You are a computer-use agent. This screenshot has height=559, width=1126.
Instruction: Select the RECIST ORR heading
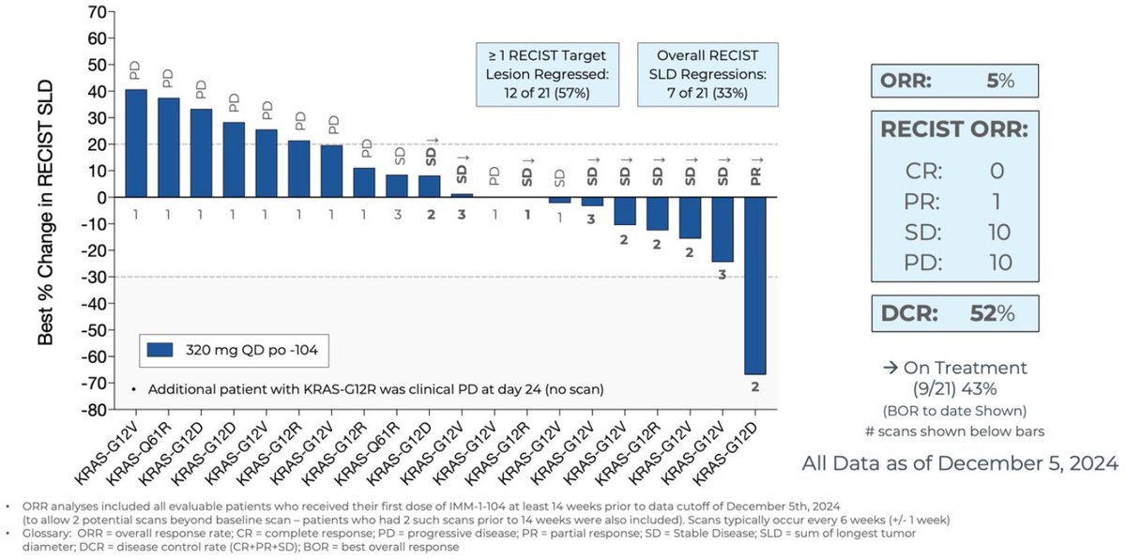(x=953, y=129)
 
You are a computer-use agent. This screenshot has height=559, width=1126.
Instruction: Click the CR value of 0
(x=997, y=170)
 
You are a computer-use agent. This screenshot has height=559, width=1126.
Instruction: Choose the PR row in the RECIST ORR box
(x=953, y=201)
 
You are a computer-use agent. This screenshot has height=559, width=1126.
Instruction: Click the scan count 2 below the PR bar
(x=755, y=384)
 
